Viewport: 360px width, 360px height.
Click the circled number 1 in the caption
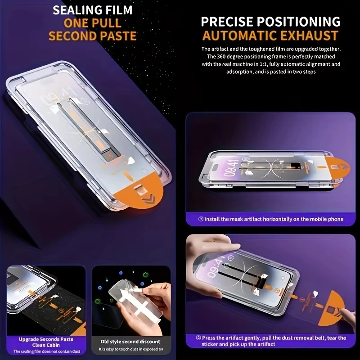pos(201,219)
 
